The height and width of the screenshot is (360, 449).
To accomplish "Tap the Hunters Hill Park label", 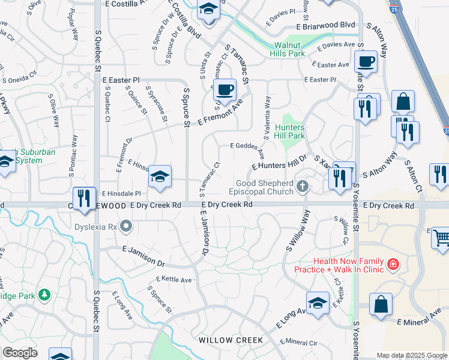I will pyautogui.click(x=290, y=131).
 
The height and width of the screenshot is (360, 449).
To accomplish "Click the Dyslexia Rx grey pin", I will pyautogui.click(x=125, y=227).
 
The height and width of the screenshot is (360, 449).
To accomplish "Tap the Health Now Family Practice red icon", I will pyautogui.click(x=393, y=263).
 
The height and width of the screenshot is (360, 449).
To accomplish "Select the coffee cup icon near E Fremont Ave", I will pyautogui.click(x=224, y=89).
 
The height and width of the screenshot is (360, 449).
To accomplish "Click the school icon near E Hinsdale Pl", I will pyautogui.click(x=160, y=176).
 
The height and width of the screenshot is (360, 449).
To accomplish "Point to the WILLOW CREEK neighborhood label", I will pyautogui.click(x=231, y=340).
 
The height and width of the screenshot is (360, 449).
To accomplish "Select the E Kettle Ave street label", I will pyautogui.click(x=173, y=280).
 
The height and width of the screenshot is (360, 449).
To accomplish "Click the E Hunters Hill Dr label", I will pyautogui.click(x=280, y=161).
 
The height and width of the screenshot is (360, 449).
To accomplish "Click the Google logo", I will pyautogui.click(x=19, y=353).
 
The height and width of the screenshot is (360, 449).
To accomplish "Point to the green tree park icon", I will pyautogui.click(x=44, y=295).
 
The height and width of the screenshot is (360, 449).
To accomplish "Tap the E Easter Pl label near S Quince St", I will pyautogui.click(x=121, y=79).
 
